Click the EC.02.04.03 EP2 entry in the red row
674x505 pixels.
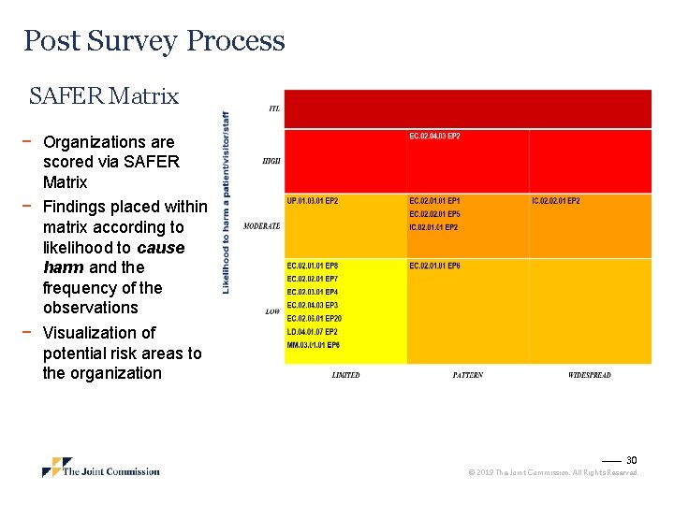[434, 137]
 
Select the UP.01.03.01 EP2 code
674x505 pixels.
[313, 201]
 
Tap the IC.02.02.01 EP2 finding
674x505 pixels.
[555, 201]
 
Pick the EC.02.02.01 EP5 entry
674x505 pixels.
[434, 214]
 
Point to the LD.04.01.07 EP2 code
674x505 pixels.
[313, 332]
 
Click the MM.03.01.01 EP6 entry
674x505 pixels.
[313, 345]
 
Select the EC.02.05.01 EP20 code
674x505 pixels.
[315, 319]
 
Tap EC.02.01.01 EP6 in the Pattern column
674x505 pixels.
[434, 267]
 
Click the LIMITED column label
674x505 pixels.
[345, 375]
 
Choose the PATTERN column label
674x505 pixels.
[467, 375]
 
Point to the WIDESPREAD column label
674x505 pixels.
[589, 375]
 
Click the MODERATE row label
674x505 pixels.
[261, 226]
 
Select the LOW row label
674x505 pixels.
[272, 311]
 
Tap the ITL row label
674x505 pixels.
[274, 108]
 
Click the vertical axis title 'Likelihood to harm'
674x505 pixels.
[226, 202]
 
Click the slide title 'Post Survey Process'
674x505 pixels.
[154, 41]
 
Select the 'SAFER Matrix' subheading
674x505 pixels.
[103, 96]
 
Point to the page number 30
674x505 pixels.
[631, 460]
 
